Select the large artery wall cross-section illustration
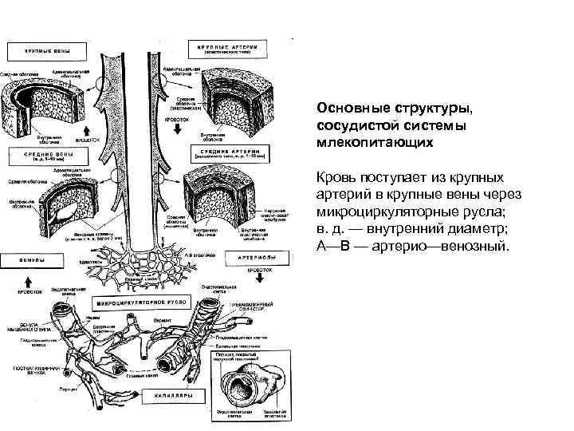point(232,95)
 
